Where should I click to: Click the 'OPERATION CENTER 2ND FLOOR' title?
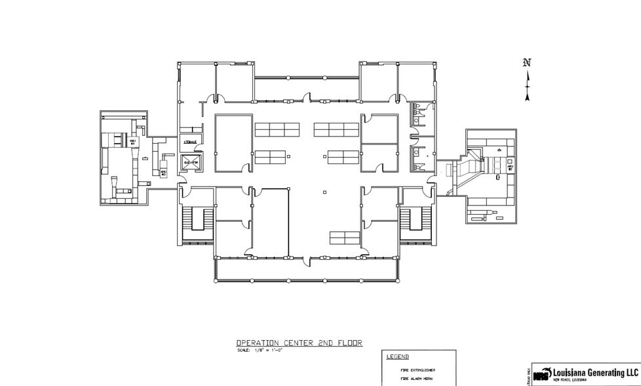pos(299,343)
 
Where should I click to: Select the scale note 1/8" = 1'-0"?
pos(259,350)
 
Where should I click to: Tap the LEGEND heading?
pos(398,357)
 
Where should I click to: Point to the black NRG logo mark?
pos(541,375)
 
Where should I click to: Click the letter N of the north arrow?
pos(527,63)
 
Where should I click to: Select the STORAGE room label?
pos(191,142)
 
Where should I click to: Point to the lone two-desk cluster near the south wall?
pos(344,237)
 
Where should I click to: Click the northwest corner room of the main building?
pos(196,82)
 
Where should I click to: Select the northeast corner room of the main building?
pos(416,82)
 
